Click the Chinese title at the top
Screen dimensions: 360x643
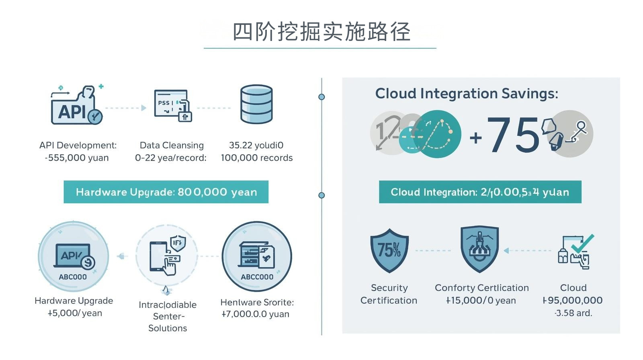point(321,32)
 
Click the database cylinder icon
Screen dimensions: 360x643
point(256,104)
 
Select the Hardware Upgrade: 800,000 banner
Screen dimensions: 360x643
point(166,192)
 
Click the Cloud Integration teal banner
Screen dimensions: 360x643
point(480,192)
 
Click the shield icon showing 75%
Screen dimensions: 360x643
point(389,250)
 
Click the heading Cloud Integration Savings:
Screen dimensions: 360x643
point(467,94)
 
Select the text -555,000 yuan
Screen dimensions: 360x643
point(77,158)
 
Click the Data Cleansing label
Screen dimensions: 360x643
point(172,145)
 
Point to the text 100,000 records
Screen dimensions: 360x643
point(256,158)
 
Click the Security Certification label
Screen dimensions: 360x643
point(389,294)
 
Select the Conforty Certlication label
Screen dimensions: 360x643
point(481,288)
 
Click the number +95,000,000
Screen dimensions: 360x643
point(573,300)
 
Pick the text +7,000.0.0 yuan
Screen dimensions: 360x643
point(256,314)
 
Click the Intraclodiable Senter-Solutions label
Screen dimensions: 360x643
point(168,316)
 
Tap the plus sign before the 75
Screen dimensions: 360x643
point(476,138)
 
